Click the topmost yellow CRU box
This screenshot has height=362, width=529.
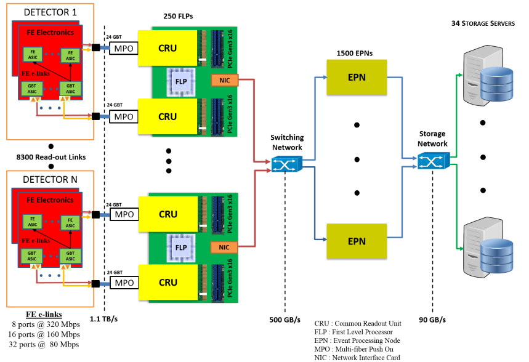pos(168,48)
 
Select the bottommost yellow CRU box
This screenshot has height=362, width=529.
pos(168,283)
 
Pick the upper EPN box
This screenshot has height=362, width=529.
pos(357,78)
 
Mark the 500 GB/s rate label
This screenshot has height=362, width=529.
pos(285,320)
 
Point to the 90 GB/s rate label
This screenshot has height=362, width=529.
pos(432,320)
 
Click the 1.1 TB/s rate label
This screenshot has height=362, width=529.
pos(105,320)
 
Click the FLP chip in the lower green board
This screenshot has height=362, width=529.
pos(182,247)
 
